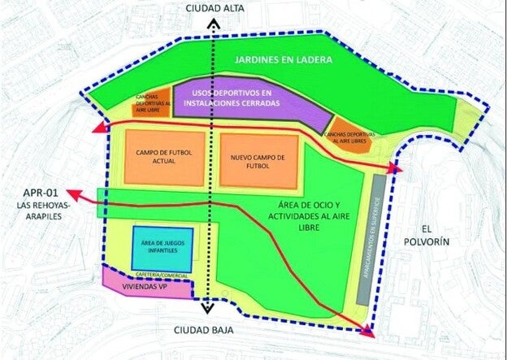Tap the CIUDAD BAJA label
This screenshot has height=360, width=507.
pyautogui.click(x=208, y=330)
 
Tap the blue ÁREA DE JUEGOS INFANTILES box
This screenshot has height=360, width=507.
pyautogui.click(x=162, y=248)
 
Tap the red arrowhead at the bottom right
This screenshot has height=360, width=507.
pyautogui.click(x=368, y=331)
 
